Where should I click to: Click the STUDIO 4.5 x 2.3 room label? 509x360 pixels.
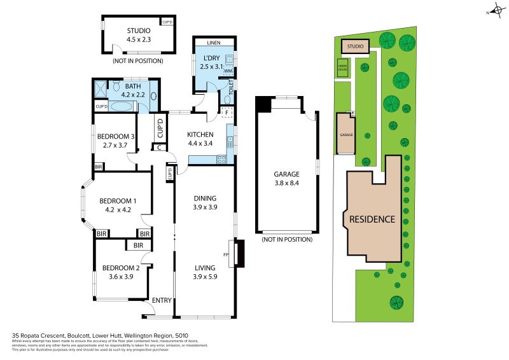pyautogui.click(x=138, y=34)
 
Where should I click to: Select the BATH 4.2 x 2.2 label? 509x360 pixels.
pyautogui.click(x=132, y=90)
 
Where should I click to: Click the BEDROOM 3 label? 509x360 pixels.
pyautogui.click(x=115, y=140)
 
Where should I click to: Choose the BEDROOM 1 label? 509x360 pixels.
pyautogui.click(x=116, y=205)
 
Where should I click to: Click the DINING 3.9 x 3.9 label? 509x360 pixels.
pyautogui.click(x=205, y=202)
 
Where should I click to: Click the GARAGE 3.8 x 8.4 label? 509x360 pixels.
pyautogui.click(x=286, y=178)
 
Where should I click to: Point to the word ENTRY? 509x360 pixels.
pyautogui.click(x=162, y=300)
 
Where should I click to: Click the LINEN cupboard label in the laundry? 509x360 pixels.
pyautogui.click(x=214, y=43)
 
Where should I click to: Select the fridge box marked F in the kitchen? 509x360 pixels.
pyautogui.click(x=227, y=111)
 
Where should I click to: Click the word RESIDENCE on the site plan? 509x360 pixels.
pyautogui.click(x=372, y=219)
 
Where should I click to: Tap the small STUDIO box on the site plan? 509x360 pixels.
pyautogui.click(x=355, y=46)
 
